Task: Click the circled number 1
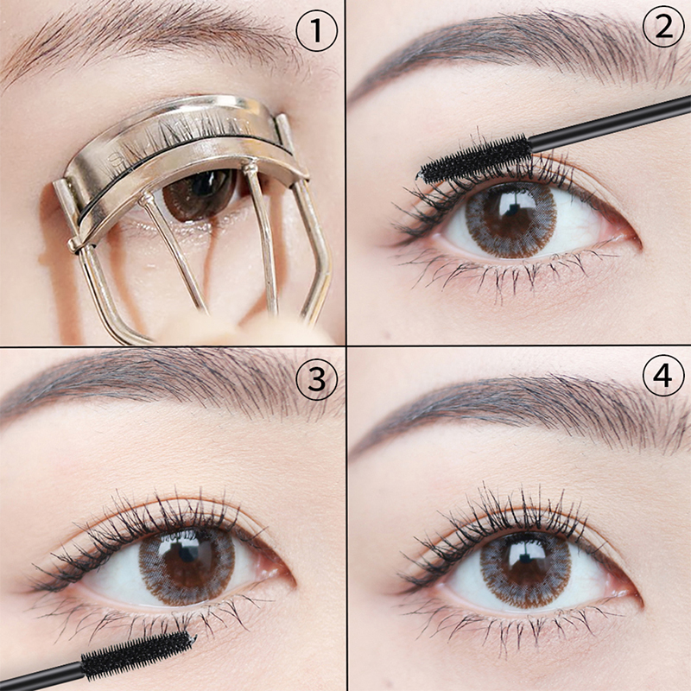coord(316,31)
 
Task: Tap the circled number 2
coord(663,27)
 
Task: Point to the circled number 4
coord(663,375)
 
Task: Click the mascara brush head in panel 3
coord(137,655)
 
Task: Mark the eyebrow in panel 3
coord(168,384)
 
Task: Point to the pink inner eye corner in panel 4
coord(624,587)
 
